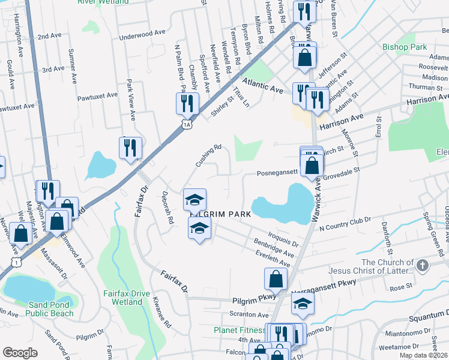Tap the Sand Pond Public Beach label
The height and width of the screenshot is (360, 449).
pyautogui.click(x=51, y=308)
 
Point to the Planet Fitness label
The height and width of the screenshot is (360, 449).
pyautogui.click(x=240, y=330)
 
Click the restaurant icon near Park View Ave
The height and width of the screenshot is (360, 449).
pyautogui.click(x=130, y=148)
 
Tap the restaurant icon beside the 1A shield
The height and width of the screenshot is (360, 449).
pyautogui.click(x=187, y=103)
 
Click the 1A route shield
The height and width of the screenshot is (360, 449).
pyautogui.click(x=187, y=124)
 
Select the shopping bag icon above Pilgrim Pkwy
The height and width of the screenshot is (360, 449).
pyautogui.click(x=276, y=279)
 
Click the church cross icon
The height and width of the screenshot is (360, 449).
pyautogui.click(x=423, y=265)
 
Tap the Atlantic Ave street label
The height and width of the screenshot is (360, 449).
pyautogui.click(x=262, y=84)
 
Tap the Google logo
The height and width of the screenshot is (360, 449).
pyautogui.click(x=20, y=353)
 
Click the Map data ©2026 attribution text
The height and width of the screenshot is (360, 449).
pyautogui.click(x=424, y=355)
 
